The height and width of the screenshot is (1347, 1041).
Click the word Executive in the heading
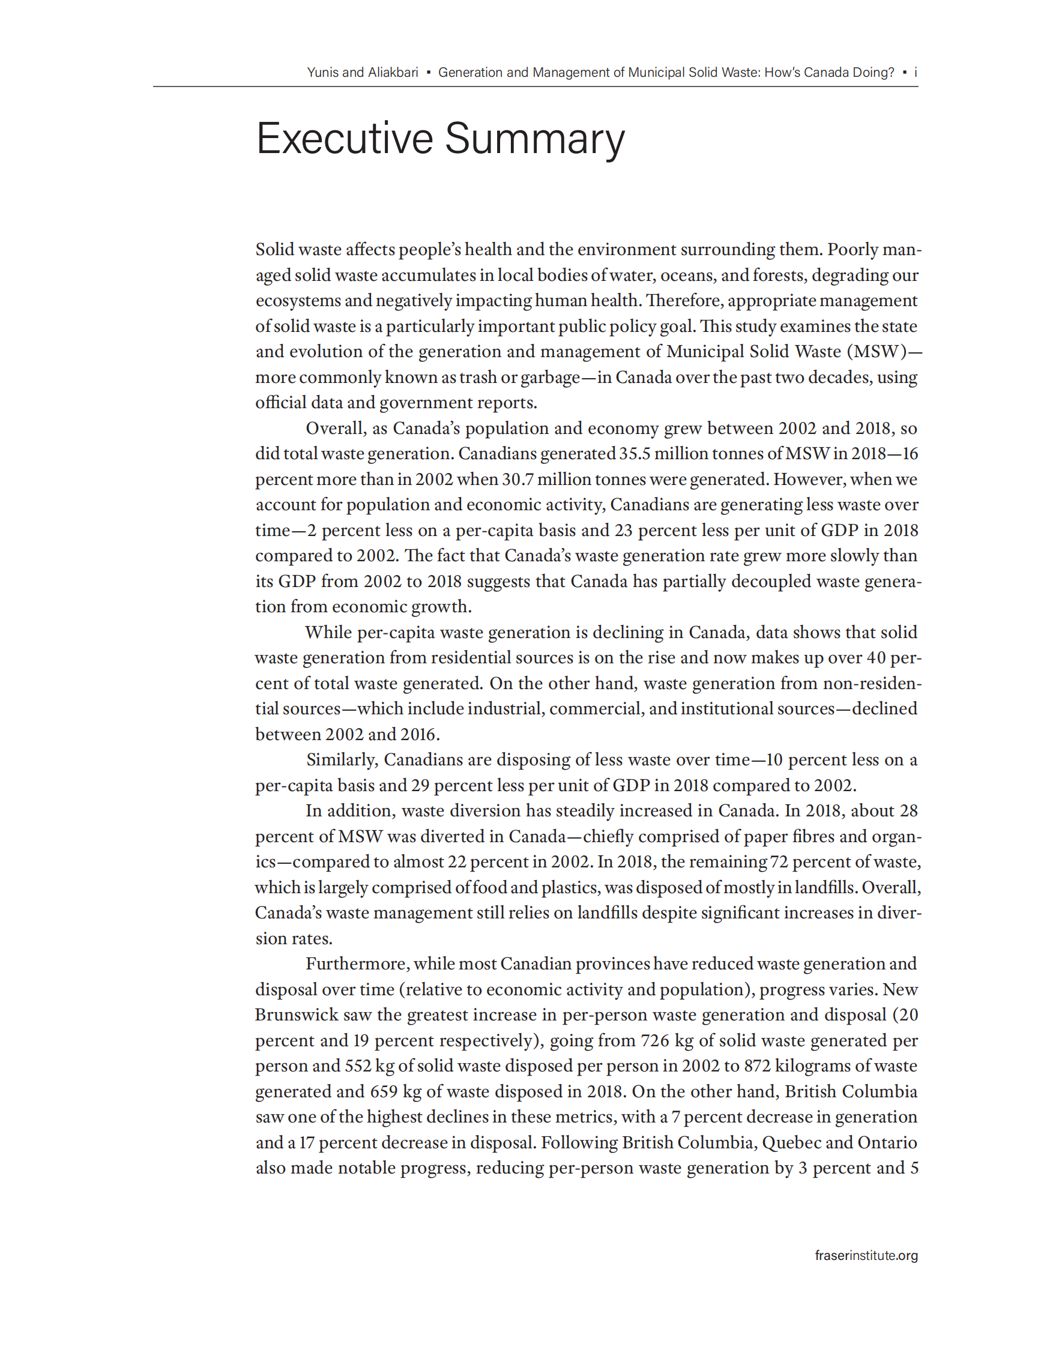tap(344, 138)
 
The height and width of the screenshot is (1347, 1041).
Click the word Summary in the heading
tap(535, 139)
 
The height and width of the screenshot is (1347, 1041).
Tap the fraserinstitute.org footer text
tap(866, 1255)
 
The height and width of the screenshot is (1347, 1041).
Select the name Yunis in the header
tap(322, 72)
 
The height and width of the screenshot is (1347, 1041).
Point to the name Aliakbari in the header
tap(393, 72)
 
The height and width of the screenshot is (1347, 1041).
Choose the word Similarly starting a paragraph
tap(341, 760)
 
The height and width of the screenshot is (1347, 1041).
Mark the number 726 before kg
tap(655, 1040)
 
